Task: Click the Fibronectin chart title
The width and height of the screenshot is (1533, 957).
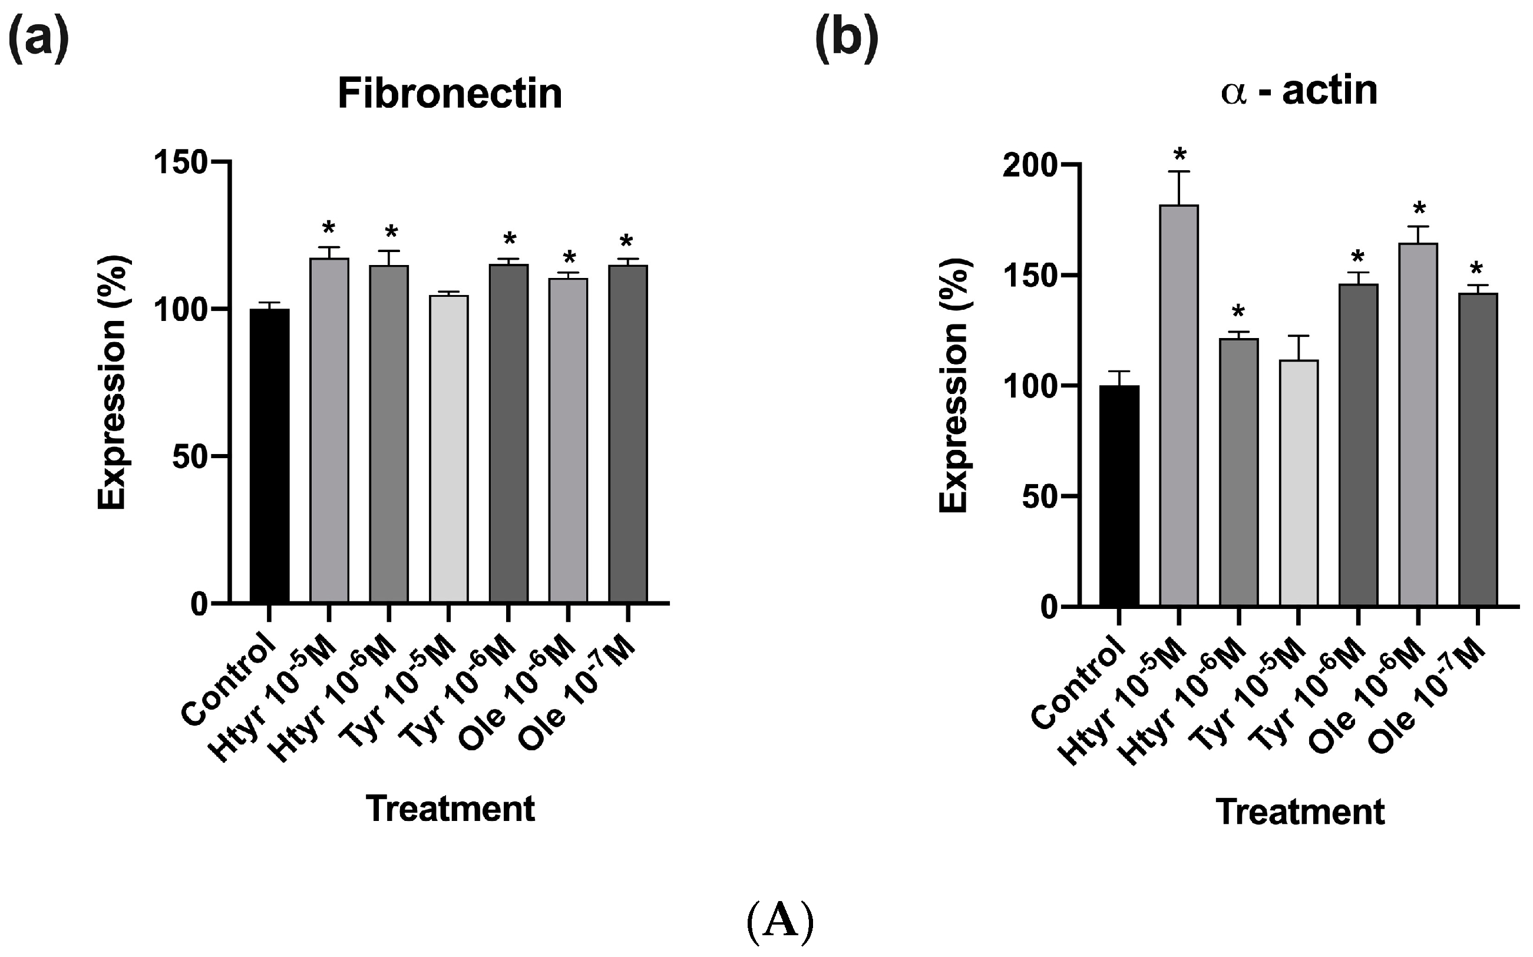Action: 450,94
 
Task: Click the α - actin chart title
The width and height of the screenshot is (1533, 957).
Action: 1299,91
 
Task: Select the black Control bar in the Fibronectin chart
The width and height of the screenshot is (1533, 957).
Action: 269,456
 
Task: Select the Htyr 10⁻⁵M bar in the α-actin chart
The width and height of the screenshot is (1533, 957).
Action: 1178,405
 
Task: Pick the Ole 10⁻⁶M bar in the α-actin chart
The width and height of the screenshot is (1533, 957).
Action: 1418,424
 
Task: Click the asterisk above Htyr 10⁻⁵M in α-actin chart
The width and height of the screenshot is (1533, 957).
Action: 1179,154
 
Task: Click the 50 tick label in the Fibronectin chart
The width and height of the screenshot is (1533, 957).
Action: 190,457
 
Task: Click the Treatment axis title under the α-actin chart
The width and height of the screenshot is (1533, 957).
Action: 1300,812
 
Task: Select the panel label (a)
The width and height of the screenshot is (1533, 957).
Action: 38,39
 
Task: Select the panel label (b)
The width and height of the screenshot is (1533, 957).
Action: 847,39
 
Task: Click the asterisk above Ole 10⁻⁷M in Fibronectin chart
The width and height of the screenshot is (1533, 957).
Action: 626,241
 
